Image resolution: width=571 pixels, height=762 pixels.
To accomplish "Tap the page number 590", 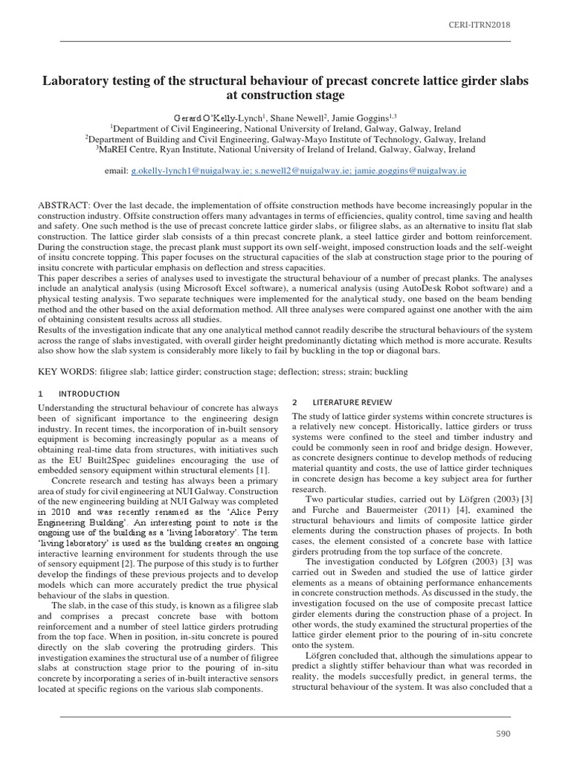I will (x=503, y=734).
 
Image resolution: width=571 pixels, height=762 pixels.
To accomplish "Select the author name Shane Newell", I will (x=299, y=118).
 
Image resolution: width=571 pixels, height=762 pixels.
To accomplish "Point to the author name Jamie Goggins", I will (x=367, y=118).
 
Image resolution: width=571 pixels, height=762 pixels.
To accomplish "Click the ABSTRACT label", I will (x=64, y=205).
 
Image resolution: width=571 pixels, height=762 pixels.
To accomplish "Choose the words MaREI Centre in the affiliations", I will (x=127, y=150).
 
